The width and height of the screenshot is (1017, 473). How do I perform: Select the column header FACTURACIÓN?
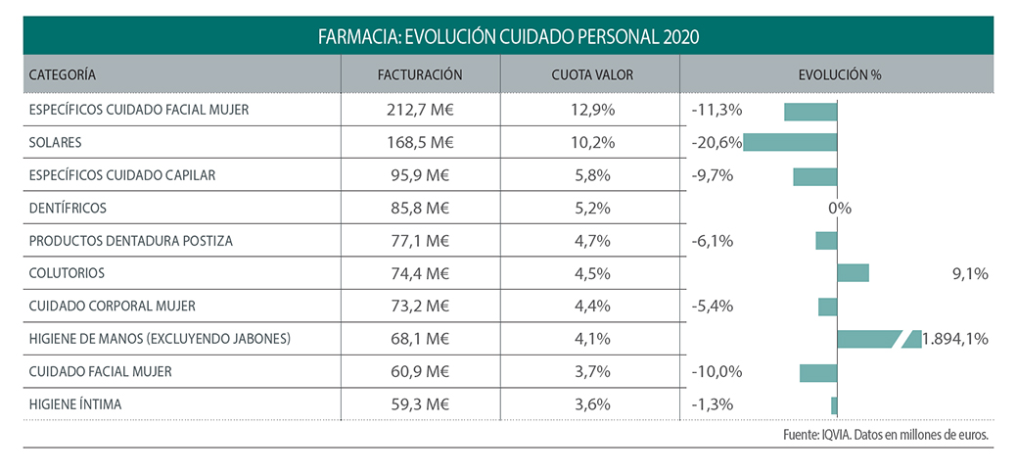(x=420, y=74)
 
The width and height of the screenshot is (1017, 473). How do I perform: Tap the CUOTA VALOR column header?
(x=590, y=74)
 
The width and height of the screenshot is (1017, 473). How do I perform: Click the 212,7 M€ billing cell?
(x=420, y=110)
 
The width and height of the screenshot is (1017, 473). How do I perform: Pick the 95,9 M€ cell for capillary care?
(x=420, y=175)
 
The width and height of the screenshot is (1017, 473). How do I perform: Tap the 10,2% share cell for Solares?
(x=591, y=142)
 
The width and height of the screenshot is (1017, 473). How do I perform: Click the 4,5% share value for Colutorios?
(x=591, y=273)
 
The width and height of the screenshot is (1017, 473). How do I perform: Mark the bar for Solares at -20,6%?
(x=791, y=142)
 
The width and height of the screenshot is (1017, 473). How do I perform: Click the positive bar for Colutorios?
(x=854, y=273)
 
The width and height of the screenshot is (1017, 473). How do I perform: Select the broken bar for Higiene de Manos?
(x=879, y=339)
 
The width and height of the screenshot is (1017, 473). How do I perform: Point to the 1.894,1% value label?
(x=954, y=339)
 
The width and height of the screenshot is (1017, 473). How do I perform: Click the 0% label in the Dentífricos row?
(x=839, y=208)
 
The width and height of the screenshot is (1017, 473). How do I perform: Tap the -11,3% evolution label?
(x=717, y=110)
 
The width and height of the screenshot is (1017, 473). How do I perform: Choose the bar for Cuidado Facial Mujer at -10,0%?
(x=818, y=372)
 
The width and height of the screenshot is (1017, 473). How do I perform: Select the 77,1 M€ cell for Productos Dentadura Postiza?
(x=420, y=241)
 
